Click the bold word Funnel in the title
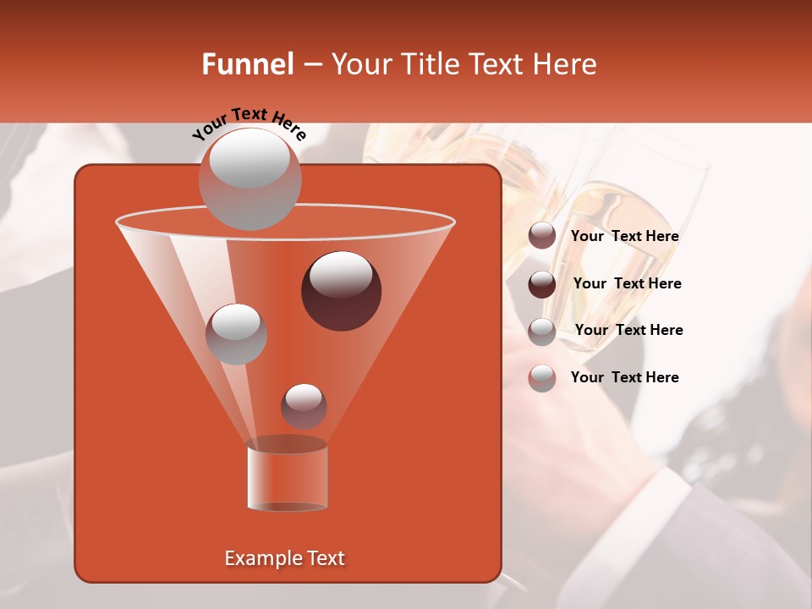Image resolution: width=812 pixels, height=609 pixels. pyautogui.click(x=247, y=64)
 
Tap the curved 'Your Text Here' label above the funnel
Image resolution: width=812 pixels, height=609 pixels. pyautogui.click(x=249, y=123)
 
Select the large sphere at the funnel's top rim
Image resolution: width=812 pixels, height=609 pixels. pyautogui.click(x=250, y=178)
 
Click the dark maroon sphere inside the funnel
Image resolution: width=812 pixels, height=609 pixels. pyautogui.click(x=341, y=290)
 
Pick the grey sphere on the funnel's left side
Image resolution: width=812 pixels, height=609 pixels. pyautogui.click(x=236, y=333)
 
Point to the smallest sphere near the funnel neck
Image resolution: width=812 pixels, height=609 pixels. pyautogui.click(x=304, y=406)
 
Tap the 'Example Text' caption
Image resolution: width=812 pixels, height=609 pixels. pyautogui.click(x=284, y=558)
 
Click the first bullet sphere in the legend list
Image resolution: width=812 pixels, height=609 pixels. pyautogui.click(x=542, y=236)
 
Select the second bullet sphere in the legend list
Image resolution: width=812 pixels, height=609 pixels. pyautogui.click(x=542, y=283)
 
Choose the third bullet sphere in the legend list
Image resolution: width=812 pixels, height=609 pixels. pyautogui.click(x=542, y=331)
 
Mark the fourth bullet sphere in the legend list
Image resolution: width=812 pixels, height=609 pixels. pyautogui.click(x=542, y=377)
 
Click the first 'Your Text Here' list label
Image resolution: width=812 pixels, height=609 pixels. pyautogui.click(x=624, y=237)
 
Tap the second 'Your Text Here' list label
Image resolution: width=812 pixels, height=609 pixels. pyautogui.click(x=627, y=283)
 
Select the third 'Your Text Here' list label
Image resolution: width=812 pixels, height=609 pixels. pyautogui.click(x=628, y=330)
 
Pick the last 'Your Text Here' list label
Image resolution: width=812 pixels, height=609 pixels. pyautogui.click(x=624, y=377)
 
